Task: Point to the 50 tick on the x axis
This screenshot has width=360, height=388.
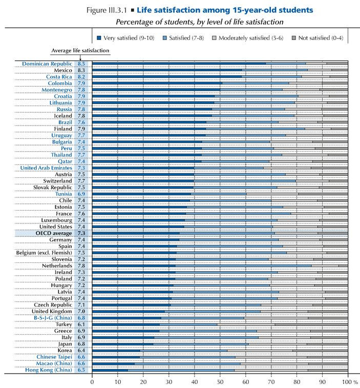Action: coord(220,381)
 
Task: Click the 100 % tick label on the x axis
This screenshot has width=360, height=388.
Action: coord(350,381)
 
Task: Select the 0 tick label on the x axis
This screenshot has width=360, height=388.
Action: coord(92,381)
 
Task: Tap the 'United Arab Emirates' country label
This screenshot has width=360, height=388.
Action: coord(46,168)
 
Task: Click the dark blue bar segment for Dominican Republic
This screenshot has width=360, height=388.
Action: coord(179,64)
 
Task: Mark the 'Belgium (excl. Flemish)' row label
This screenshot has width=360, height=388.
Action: coord(45,252)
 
